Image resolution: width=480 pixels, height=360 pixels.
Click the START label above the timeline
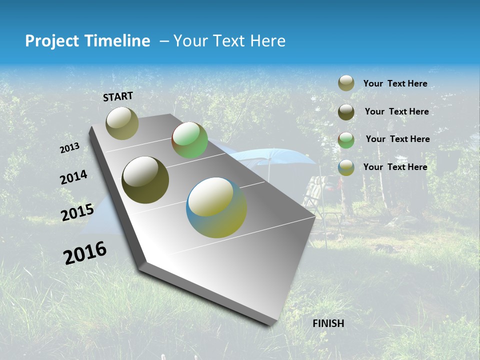pos(118,96)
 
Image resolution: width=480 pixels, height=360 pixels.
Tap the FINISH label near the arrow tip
pos(328,323)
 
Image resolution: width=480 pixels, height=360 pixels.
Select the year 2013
pos(69,148)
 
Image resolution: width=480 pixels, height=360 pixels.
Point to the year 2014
pos(73,177)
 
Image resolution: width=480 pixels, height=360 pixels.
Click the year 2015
pos(77,212)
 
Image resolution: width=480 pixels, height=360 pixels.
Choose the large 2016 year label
pos(85,252)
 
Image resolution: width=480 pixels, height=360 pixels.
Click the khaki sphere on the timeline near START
pos(122,123)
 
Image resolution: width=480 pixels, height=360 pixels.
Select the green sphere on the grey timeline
pos(189,140)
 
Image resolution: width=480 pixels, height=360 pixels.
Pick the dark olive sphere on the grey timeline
pos(145,180)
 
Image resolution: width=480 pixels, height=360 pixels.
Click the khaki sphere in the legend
pos(346,83)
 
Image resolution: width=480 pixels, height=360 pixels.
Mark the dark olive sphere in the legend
pos(346,112)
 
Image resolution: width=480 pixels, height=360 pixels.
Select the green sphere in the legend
pos(346,140)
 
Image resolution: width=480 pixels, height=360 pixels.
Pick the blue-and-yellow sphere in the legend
pos(346,167)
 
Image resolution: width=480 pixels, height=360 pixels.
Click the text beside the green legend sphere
pos(397,139)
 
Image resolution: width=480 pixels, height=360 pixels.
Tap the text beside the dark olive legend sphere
pos(396,111)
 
